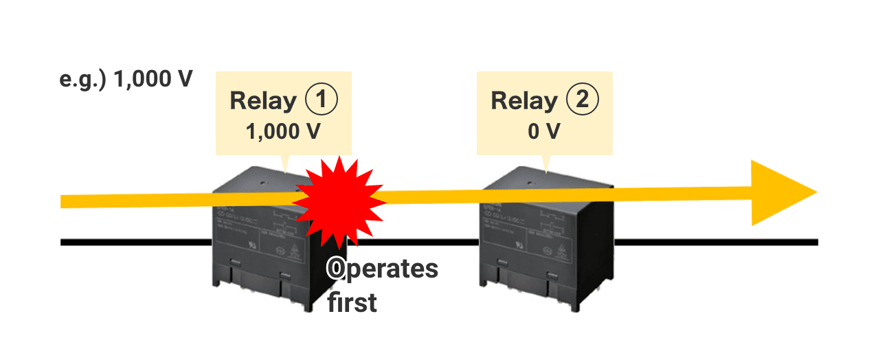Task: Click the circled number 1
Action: [x=321, y=100]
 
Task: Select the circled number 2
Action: [x=582, y=100]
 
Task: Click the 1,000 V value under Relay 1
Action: [x=283, y=131]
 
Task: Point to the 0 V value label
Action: [x=544, y=131]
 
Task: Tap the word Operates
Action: [x=382, y=269]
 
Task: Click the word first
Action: [x=352, y=302]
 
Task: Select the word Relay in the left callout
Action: [x=263, y=101]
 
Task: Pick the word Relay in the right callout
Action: [x=524, y=101]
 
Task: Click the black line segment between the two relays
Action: [x=412, y=242]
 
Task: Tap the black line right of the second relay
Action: [x=714, y=242]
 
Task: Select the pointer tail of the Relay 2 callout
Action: [x=546, y=164]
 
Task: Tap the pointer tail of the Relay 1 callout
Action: [x=286, y=164]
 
